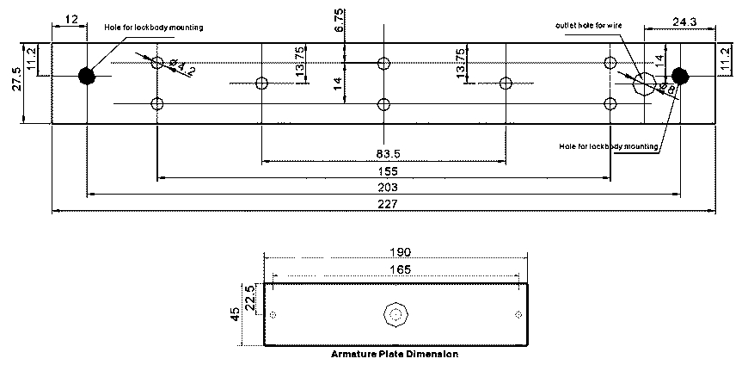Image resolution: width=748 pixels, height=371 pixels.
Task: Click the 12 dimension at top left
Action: pos(71,18)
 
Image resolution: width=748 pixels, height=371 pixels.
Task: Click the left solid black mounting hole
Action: pos(86,76)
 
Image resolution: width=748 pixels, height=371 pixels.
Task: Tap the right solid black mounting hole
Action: pos(680,76)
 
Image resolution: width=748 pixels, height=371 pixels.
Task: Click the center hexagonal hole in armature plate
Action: pos(395,315)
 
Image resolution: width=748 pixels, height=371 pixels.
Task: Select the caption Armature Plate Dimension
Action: pos(395,354)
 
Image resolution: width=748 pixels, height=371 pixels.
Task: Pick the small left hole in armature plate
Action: pos(273,315)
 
